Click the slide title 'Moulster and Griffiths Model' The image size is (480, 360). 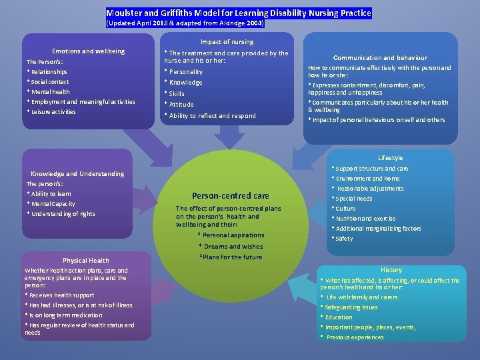pyautogui.click(x=239, y=13)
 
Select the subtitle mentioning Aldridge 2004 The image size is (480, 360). pyautogui.click(x=185, y=23)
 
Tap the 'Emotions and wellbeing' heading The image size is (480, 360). pyautogui.click(x=88, y=51)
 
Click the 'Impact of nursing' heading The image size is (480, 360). pyautogui.click(x=227, y=42)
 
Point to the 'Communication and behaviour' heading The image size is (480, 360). pyautogui.click(x=380, y=58)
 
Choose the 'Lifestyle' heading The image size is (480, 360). pyautogui.click(x=390, y=158)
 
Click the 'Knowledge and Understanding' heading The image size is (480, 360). pyautogui.click(x=77, y=173)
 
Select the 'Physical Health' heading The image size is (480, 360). pyautogui.click(x=85, y=260)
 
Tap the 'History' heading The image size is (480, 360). pyautogui.click(x=391, y=270)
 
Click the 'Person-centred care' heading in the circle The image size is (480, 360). pyautogui.click(x=230, y=196)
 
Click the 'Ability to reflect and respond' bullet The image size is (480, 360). pyautogui.click(x=212, y=116)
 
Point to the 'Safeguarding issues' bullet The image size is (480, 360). pyautogui.click(x=351, y=307)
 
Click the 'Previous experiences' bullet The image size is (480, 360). pyautogui.click(x=355, y=337)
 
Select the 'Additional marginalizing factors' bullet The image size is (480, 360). pyautogui.click(x=378, y=229)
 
